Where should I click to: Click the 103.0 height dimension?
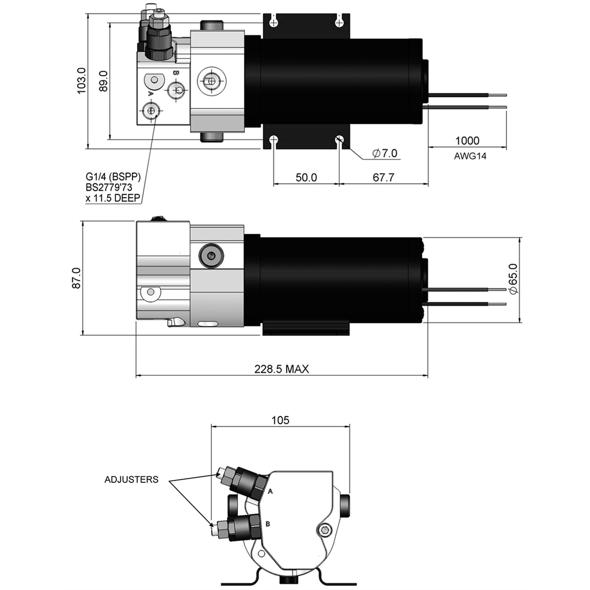pos(81,81)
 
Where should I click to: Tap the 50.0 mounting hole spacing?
pos(306,177)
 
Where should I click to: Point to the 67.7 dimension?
pos(383,177)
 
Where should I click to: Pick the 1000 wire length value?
pos(467,141)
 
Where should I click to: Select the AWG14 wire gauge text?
pos(470,156)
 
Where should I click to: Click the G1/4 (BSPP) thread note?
pos(113,177)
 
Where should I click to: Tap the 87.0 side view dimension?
pos(76,278)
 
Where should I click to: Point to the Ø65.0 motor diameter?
pos(514,278)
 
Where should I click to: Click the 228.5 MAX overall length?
pos(281,369)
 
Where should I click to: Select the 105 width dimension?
pos(280,420)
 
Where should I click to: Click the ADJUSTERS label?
pos(131,479)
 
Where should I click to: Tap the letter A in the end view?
pos(270,491)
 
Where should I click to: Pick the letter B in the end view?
pos(268,524)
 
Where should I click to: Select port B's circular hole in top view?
pos(176,90)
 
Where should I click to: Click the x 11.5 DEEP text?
pos(113,198)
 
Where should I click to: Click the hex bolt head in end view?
pos(325,531)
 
